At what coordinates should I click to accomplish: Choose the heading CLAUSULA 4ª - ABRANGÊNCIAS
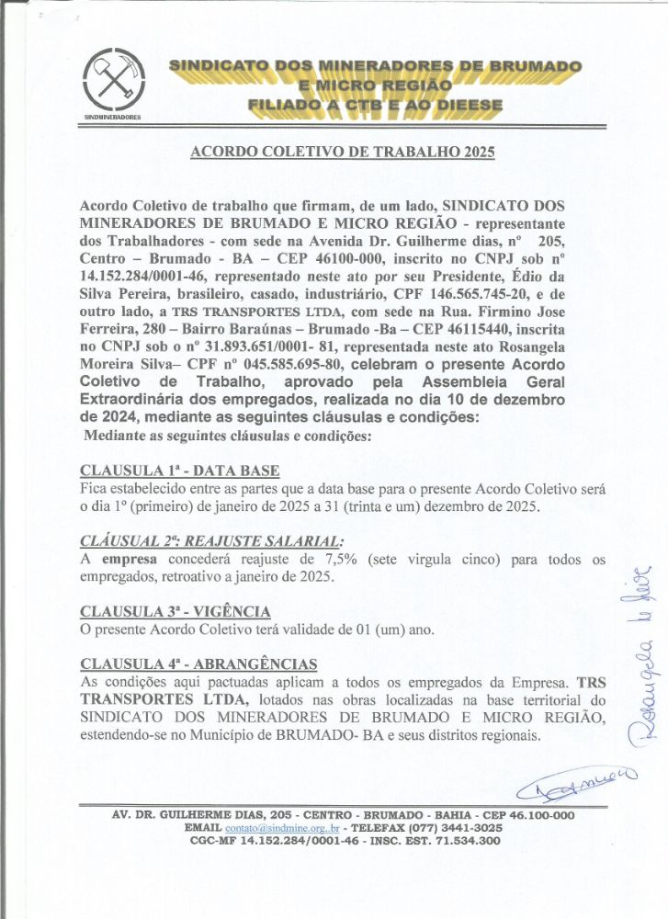[x=199, y=664]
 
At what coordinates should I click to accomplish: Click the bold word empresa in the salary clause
[x=129, y=560]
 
